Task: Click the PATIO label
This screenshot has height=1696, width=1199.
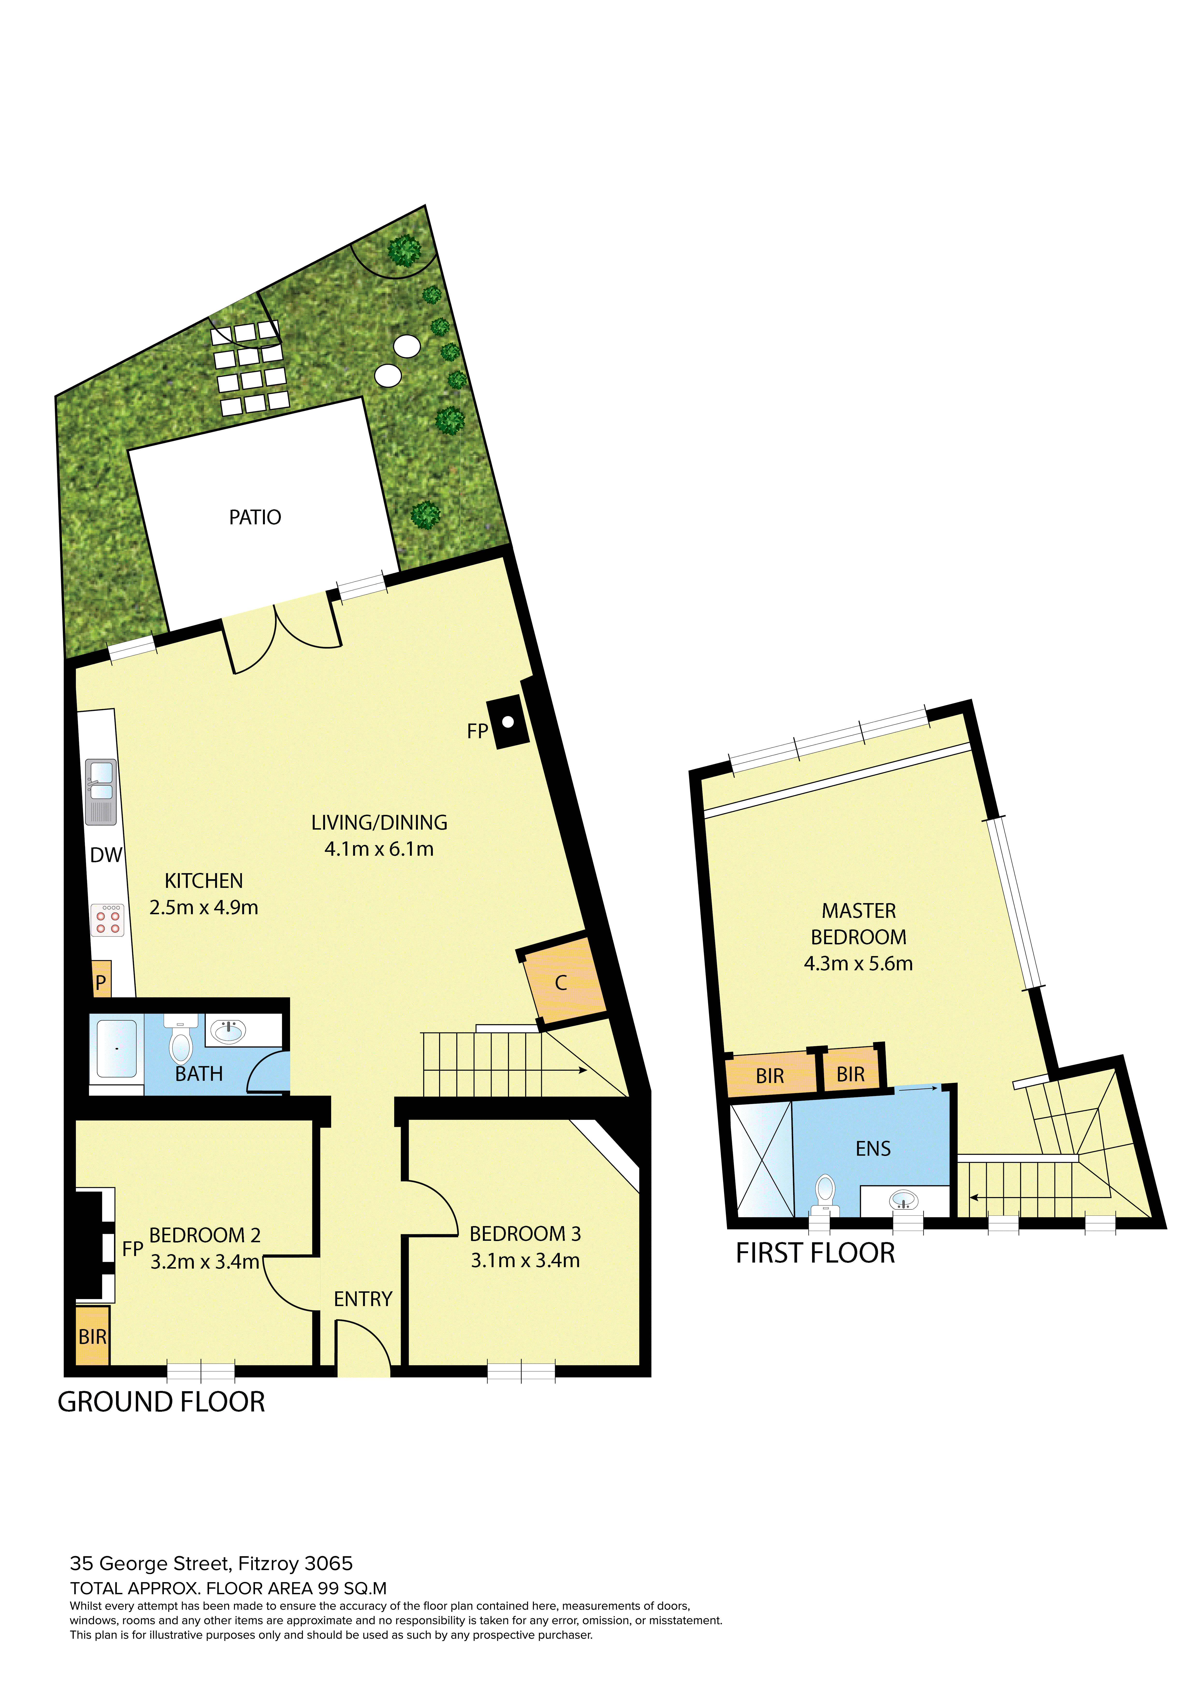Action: click(255, 517)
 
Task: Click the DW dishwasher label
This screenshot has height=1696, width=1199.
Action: click(106, 855)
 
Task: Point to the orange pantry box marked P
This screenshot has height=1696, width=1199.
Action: click(101, 979)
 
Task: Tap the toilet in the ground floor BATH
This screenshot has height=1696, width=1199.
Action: click(181, 1038)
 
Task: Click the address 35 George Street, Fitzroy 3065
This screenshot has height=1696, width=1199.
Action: click(211, 1564)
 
